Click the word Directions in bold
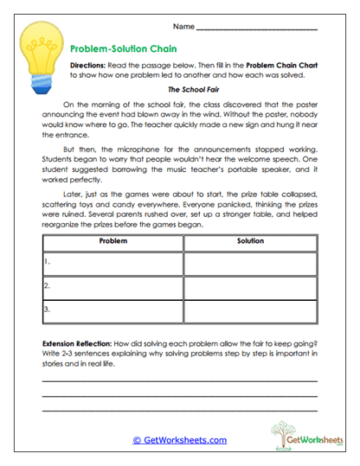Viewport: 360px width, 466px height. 89,66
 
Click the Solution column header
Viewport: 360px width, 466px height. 249,241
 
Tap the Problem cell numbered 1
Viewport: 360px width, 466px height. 113,263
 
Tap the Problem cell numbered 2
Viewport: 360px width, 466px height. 113,285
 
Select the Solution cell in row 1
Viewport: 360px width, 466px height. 249,263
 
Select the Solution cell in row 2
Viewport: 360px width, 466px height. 249,285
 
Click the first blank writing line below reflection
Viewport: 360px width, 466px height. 180,380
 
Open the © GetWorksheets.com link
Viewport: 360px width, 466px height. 180,439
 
